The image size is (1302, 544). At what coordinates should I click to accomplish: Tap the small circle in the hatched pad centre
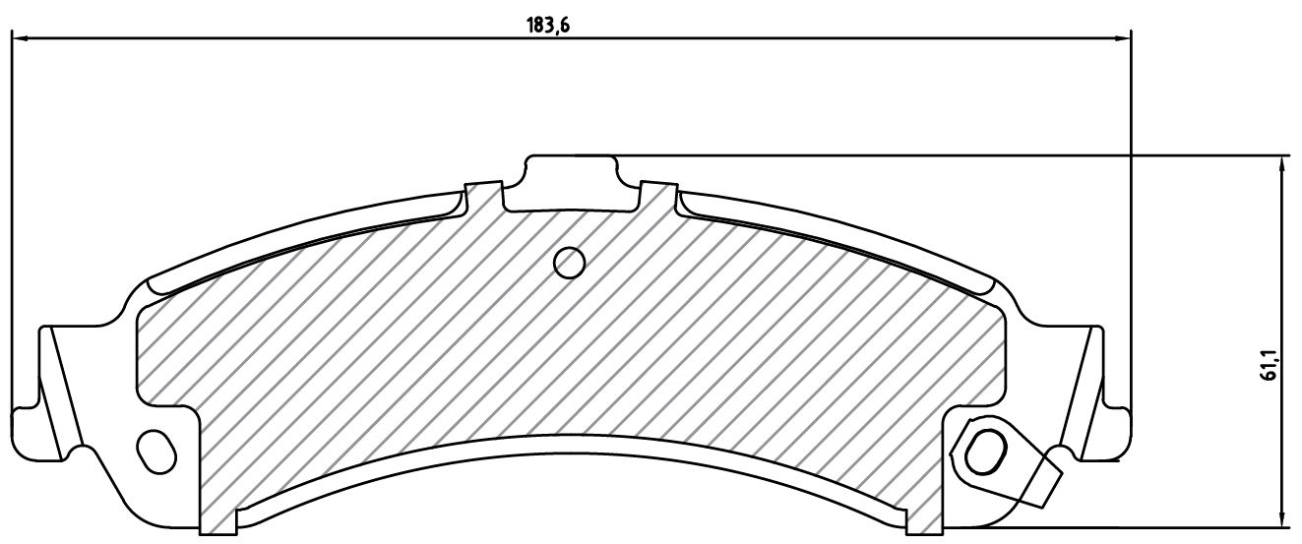(x=569, y=264)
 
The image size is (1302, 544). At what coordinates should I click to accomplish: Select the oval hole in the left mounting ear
(x=156, y=451)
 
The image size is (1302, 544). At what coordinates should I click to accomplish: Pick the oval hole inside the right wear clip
(x=985, y=452)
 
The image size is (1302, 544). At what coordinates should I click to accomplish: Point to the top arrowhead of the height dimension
(x=1281, y=164)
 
